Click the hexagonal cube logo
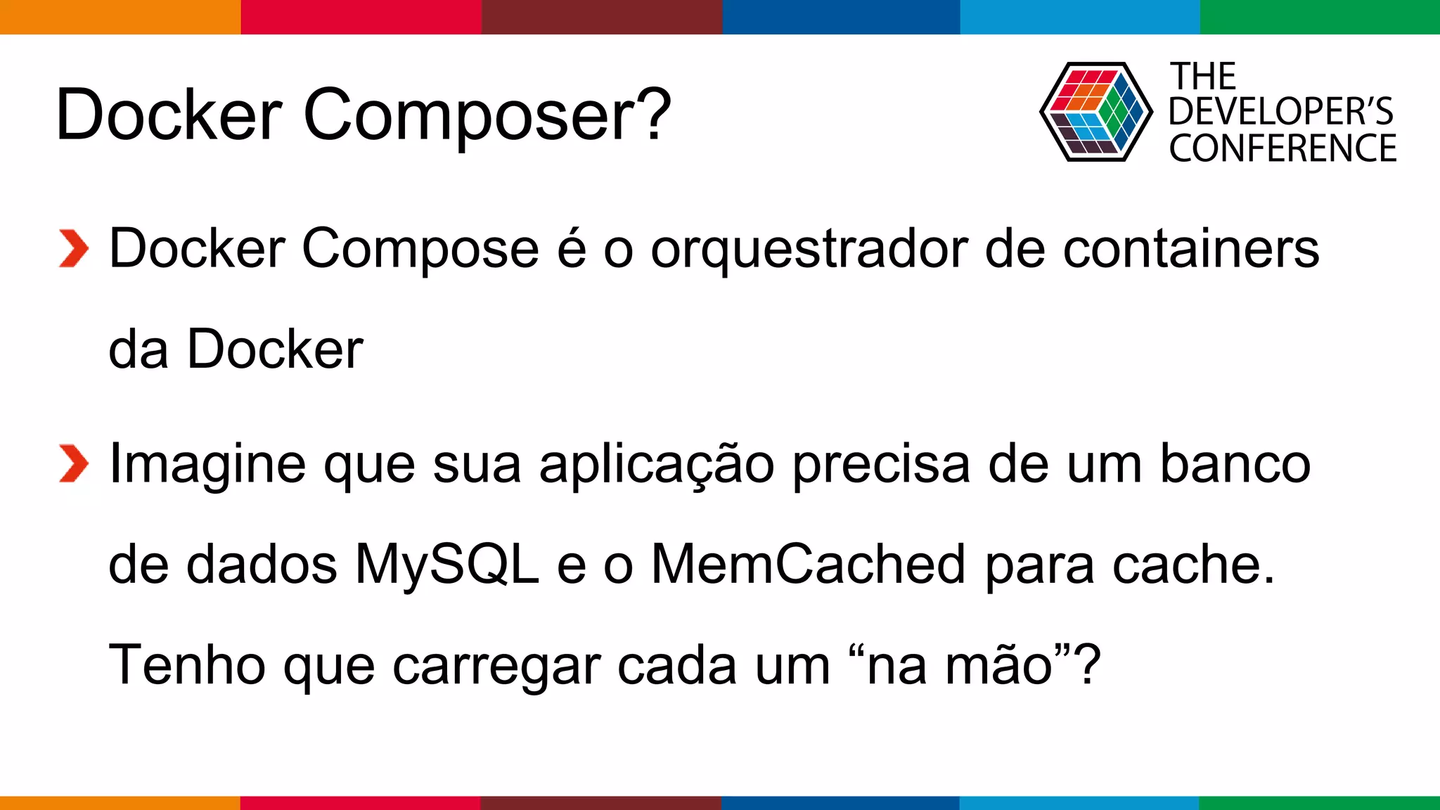pyautogui.click(x=1095, y=112)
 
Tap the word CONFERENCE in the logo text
pyautogui.click(x=1282, y=148)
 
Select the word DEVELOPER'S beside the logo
pyautogui.click(x=1280, y=112)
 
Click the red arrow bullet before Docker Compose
pyautogui.click(x=73, y=249)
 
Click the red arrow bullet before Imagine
pyautogui.click(x=73, y=464)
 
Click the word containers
pyautogui.click(x=1190, y=249)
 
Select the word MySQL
pyautogui.click(x=447, y=564)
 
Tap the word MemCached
pyautogui.click(x=809, y=564)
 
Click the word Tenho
pyautogui.click(x=187, y=665)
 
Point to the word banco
pyautogui.click(x=1235, y=464)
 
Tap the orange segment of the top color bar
pyautogui.click(x=120, y=17)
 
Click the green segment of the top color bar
pyautogui.click(x=1320, y=17)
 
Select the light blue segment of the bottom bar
pyautogui.click(x=1079, y=802)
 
